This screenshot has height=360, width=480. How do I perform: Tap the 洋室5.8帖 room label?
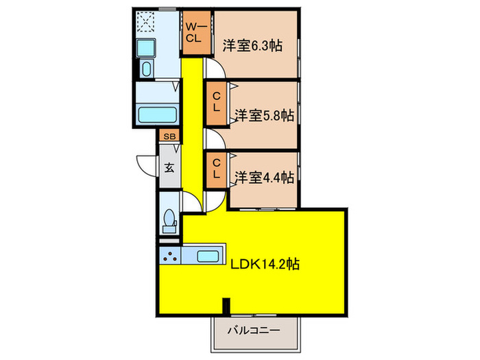264,115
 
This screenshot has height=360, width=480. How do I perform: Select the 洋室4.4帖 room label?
264,177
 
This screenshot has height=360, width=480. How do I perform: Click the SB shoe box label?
169,136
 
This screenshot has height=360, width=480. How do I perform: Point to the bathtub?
158,115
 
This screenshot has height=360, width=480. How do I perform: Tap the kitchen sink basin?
208,256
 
